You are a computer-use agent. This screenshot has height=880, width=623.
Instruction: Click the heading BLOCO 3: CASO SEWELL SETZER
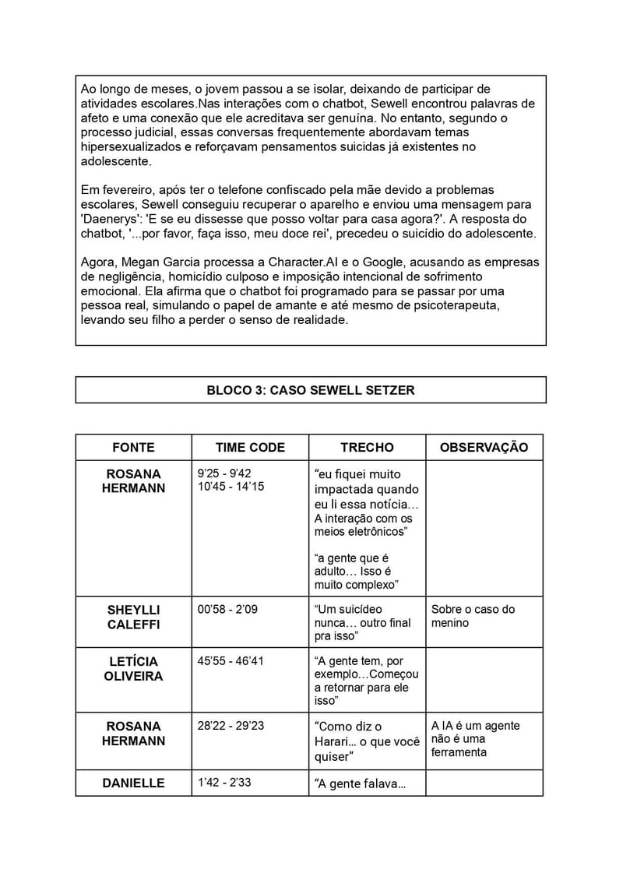pyautogui.click(x=310, y=390)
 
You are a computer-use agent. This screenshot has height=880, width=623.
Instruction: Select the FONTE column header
pyautogui.click(x=133, y=447)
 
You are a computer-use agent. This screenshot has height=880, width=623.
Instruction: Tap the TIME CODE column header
pyautogui.click(x=250, y=447)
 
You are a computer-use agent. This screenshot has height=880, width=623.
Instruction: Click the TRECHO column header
pyautogui.click(x=367, y=447)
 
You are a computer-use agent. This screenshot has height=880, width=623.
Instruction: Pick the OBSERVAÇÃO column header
pyautogui.click(x=484, y=447)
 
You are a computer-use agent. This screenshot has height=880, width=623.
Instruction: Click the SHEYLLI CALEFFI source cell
pyautogui.click(x=133, y=617)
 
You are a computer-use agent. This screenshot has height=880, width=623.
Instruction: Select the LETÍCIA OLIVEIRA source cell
pyautogui.click(x=133, y=669)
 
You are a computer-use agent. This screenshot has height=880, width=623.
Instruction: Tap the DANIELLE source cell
pyautogui.click(x=133, y=783)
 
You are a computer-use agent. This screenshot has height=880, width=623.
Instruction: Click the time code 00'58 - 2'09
pyautogui.click(x=227, y=609)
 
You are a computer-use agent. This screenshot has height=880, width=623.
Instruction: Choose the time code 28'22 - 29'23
pyautogui.click(x=231, y=725)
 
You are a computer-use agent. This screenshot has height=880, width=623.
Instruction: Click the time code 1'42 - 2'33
pyautogui.click(x=224, y=782)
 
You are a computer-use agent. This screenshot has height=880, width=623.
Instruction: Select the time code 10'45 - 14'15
pyautogui.click(x=231, y=486)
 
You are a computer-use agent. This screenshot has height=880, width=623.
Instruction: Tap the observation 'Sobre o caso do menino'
pyautogui.click(x=473, y=616)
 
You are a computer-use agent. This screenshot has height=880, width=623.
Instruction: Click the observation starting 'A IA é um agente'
pyautogui.click(x=475, y=738)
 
